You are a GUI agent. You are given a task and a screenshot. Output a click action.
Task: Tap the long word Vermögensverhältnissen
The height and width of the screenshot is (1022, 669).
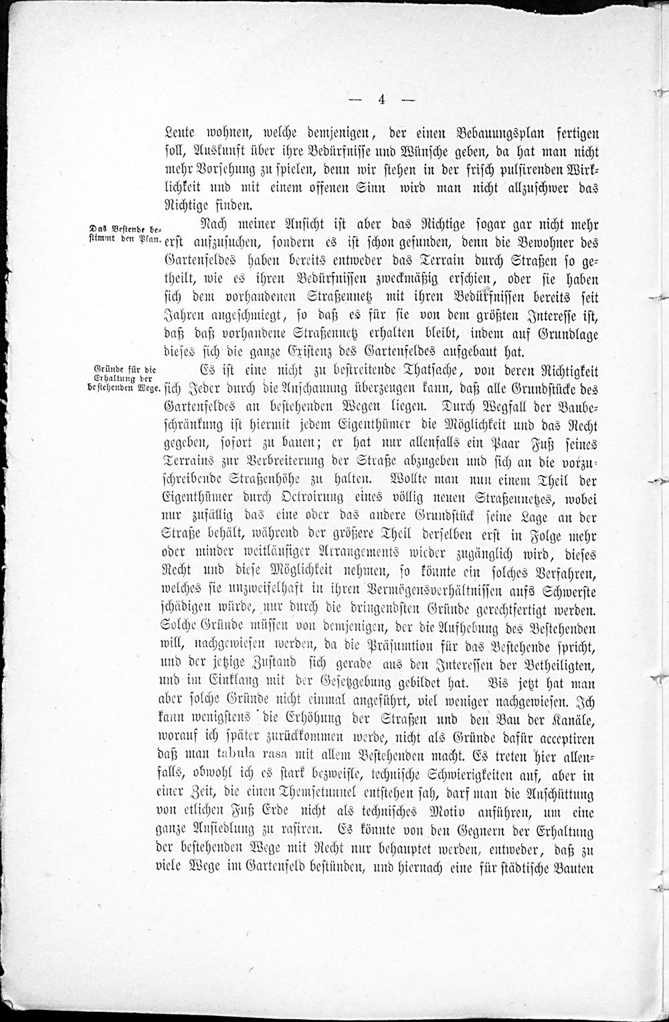[x=454, y=592]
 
